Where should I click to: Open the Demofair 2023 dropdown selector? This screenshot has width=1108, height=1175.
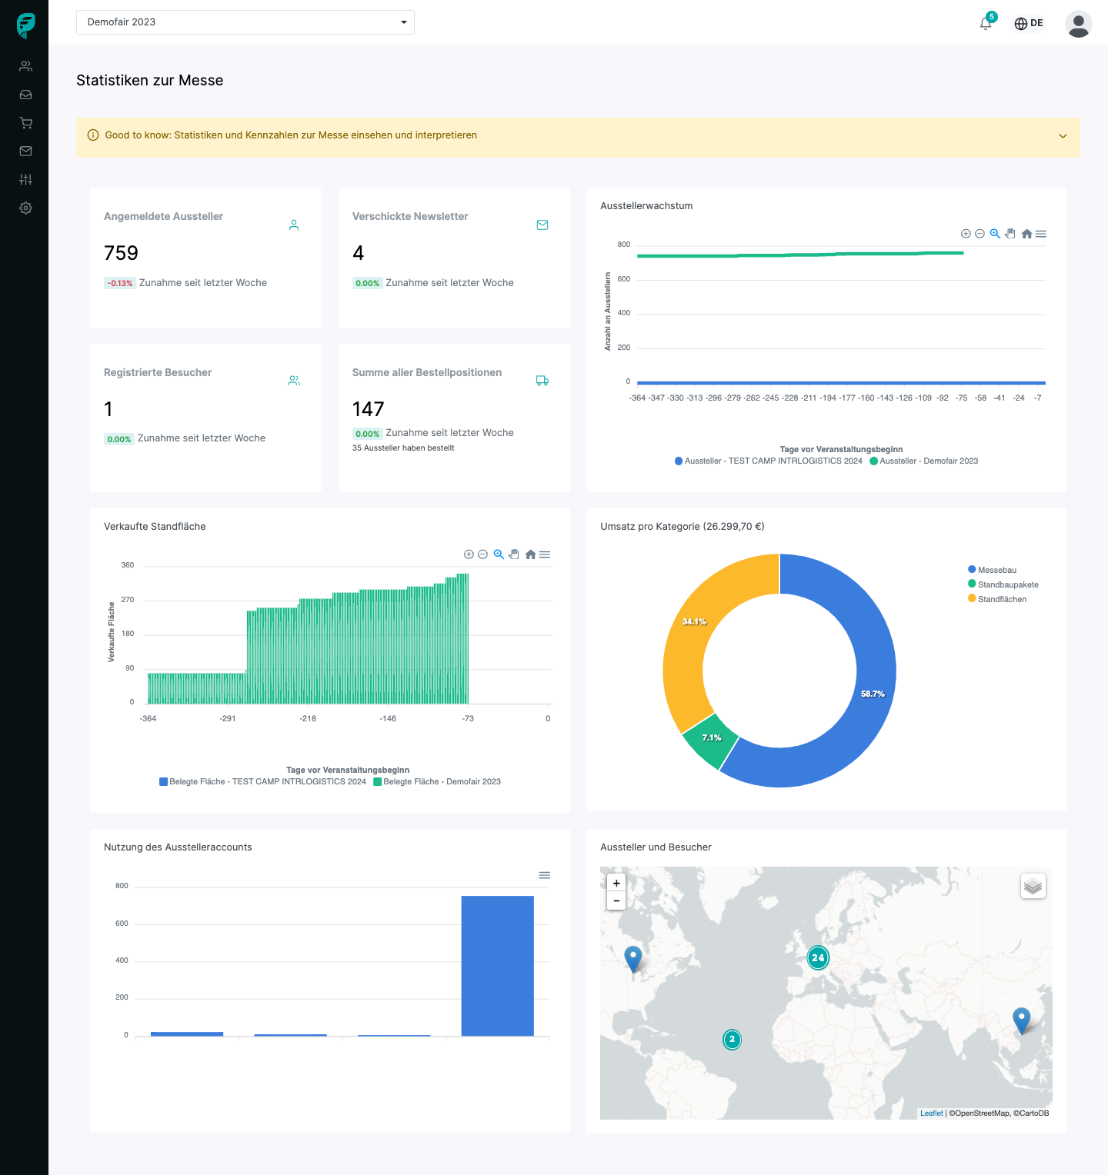click(245, 22)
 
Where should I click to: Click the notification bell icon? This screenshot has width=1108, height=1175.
click(986, 23)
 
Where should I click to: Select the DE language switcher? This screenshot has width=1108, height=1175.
click(1029, 23)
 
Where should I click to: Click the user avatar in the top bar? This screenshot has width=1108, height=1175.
click(1078, 24)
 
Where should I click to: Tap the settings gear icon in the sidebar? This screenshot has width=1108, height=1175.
click(25, 208)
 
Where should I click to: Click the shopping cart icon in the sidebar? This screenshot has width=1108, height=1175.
click(25, 123)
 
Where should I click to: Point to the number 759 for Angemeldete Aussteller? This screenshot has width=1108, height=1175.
click(121, 253)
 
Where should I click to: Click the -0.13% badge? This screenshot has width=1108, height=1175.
click(120, 283)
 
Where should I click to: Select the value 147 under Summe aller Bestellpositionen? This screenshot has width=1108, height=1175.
click(368, 409)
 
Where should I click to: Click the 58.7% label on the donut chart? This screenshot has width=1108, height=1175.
click(873, 694)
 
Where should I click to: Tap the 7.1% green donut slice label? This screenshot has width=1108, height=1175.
click(712, 737)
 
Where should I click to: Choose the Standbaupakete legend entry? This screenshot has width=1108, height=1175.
click(1007, 584)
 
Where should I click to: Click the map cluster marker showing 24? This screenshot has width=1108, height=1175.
click(818, 957)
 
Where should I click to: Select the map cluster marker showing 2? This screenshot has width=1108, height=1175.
click(732, 1040)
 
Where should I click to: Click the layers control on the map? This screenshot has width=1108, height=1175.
click(1033, 886)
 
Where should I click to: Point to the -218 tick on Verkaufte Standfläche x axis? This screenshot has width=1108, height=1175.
click(308, 718)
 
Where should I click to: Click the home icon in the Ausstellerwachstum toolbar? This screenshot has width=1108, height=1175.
click(1026, 234)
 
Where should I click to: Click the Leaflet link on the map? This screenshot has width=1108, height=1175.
click(931, 1113)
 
